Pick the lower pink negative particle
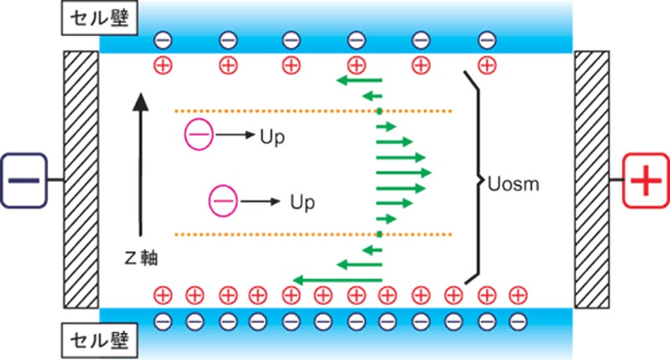(222, 200)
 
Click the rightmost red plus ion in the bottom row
(518, 294)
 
